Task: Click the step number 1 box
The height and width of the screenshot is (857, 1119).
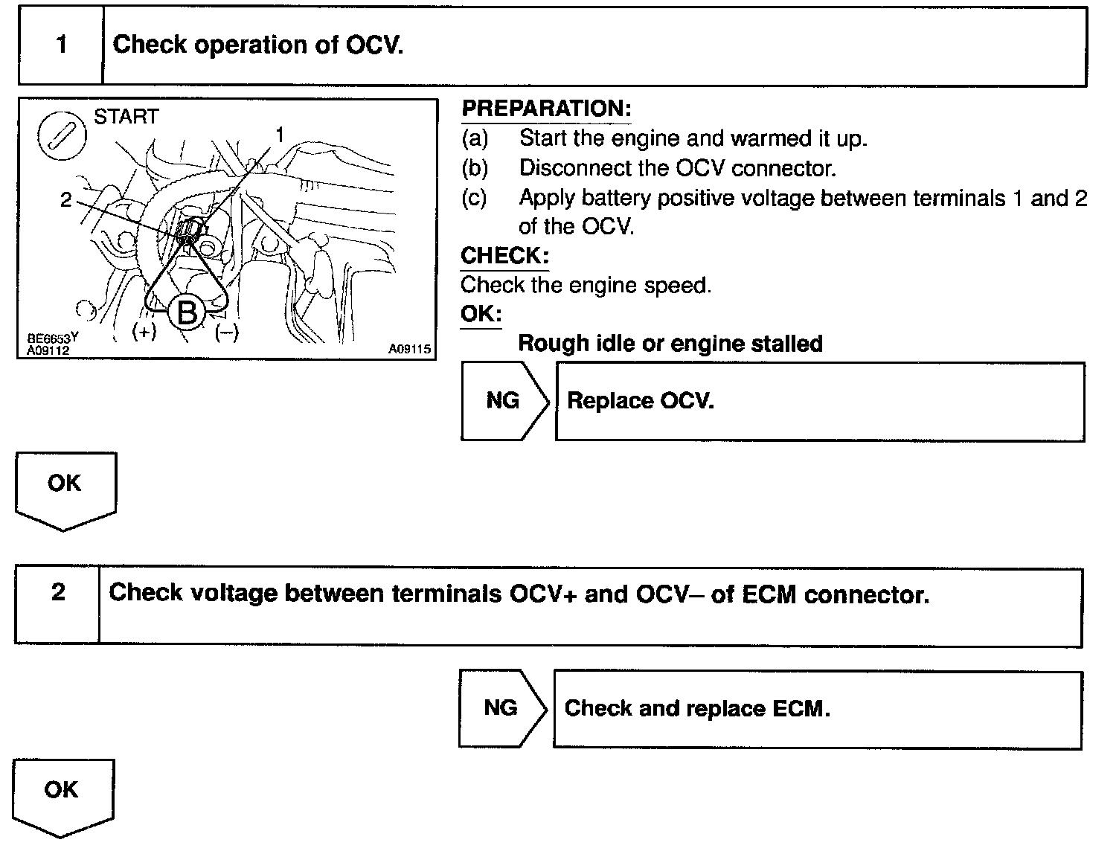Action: click(x=61, y=45)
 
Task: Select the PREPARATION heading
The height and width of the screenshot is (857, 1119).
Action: click(x=546, y=109)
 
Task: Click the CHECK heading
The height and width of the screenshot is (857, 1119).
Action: click(x=504, y=256)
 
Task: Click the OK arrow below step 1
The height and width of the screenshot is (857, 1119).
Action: click(x=65, y=487)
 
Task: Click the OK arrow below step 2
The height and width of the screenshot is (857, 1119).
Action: click(x=62, y=794)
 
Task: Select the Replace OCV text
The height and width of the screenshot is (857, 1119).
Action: click(x=640, y=401)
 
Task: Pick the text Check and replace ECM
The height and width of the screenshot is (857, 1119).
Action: click(x=696, y=708)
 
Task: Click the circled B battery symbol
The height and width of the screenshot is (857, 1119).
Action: click(x=187, y=312)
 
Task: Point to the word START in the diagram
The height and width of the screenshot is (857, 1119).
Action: click(x=126, y=117)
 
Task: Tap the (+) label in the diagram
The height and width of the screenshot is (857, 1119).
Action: click(x=144, y=332)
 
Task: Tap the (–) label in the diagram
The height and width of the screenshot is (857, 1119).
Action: click(x=226, y=333)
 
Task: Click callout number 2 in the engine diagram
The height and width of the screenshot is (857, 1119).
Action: click(x=66, y=199)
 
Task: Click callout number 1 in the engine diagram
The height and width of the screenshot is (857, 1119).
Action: click(x=280, y=135)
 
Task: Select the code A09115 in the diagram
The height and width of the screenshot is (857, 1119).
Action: click(x=409, y=349)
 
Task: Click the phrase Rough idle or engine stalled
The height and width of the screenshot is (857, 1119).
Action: click(x=670, y=344)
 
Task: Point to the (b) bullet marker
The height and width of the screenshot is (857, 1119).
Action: click(x=475, y=168)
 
